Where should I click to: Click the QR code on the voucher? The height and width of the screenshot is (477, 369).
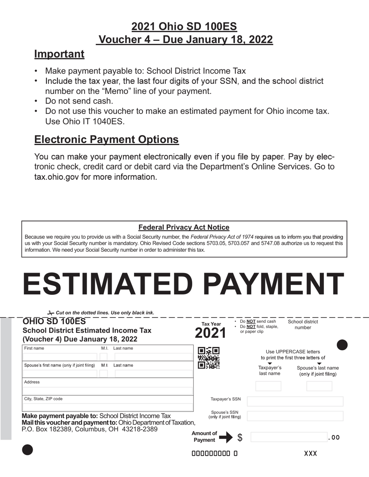(x=209, y=358)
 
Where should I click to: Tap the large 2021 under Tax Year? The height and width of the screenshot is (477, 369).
(x=210, y=333)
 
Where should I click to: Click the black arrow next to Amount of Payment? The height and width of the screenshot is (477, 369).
(x=226, y=437)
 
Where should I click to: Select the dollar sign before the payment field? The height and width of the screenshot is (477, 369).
(x=240, y=437)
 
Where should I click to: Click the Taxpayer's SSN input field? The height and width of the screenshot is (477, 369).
(x=295, y=401)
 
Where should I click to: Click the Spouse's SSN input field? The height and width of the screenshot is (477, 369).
(x=295, y=416)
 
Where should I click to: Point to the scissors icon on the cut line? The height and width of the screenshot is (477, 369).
(x=50, y=313)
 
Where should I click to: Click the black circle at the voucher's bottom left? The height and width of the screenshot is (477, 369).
(x=28, y=450)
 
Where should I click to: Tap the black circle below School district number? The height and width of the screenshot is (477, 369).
(x=342, y=345)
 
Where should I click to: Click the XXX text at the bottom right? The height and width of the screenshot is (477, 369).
(x=310, y=453)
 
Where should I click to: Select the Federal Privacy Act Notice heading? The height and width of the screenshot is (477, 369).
(x=184, y=227)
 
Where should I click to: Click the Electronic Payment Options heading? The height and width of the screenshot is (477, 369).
(x=106, y=140)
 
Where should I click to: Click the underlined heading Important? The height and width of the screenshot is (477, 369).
(x=59, y=54)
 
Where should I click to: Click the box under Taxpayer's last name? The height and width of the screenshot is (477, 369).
(x=268, y=386)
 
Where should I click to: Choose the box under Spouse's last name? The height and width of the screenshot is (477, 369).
(x=319, y=386)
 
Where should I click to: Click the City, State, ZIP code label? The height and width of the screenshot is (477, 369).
(x=43, y=399)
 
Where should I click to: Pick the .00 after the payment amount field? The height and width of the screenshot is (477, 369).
(x=334, y=437)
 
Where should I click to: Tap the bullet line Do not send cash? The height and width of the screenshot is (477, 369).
(x=79, y=101)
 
